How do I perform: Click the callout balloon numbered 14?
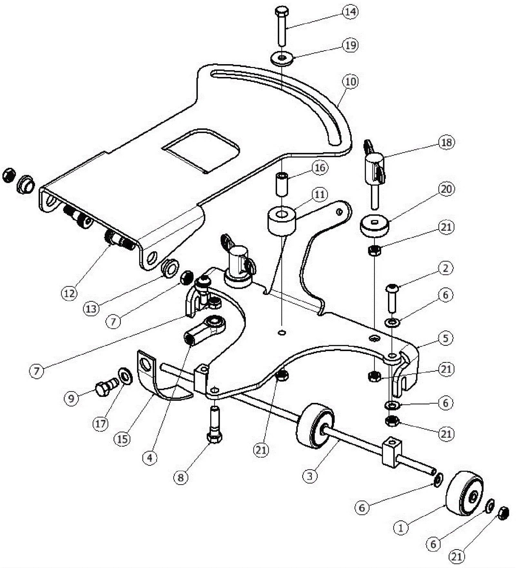click(x=350, y=12)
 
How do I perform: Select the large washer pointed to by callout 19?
click(x=282, y=58)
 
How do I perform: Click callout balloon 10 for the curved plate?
click(x=351, y=82)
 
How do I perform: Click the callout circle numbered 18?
click(x=446, y=142)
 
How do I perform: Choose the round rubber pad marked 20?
click(x=374, y=225)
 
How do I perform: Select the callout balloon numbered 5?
click(x=445, y=338)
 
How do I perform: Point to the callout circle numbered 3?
click(x=310, y=476)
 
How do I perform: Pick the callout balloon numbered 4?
click(x=150, y=457)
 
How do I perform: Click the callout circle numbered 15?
click(x=123, y=439)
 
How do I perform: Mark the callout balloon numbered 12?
click(x=69, y=293)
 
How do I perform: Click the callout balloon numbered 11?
click(x=319, y=194)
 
